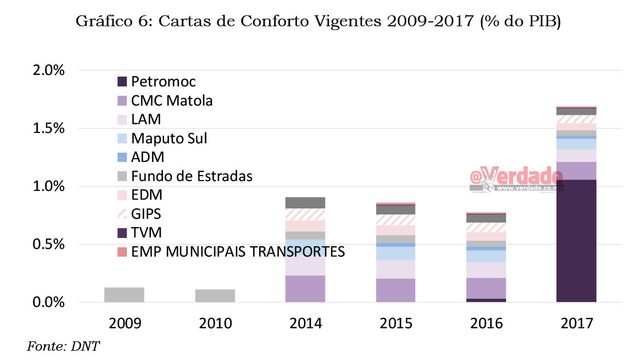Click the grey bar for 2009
pos(124,294)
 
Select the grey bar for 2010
pos(215,295)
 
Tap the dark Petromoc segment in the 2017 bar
pos(576,241)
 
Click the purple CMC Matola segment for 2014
pos(305,288)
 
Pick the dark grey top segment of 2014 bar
pos(305,202)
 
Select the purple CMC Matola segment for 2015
pos(395,290)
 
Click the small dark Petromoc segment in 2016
pos(486,300)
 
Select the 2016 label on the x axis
pos(486,323)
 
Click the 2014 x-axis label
pos(305,323)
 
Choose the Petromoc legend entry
pos(163,82)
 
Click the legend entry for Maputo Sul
pos(168,138)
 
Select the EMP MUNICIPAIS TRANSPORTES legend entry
pos(238,252)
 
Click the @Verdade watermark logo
pos(516,179)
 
